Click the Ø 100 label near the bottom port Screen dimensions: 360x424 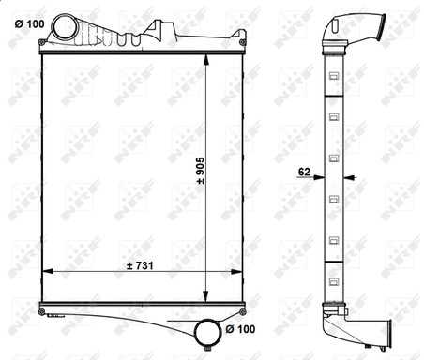click(239, 329)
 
